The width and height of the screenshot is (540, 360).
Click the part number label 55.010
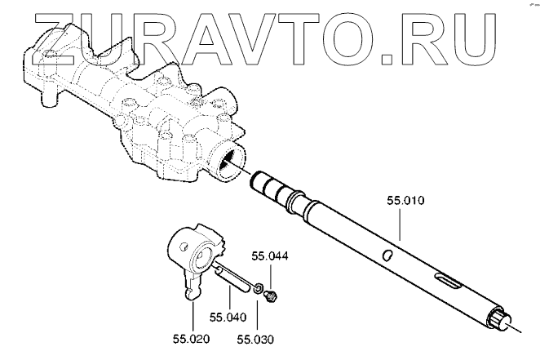pyautogui.click(x=405, y=200)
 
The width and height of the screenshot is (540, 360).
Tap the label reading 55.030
pyautogui.click(x=255, y=336)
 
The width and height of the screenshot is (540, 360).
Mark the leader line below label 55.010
pyautogui.click(x=399, y=224)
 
